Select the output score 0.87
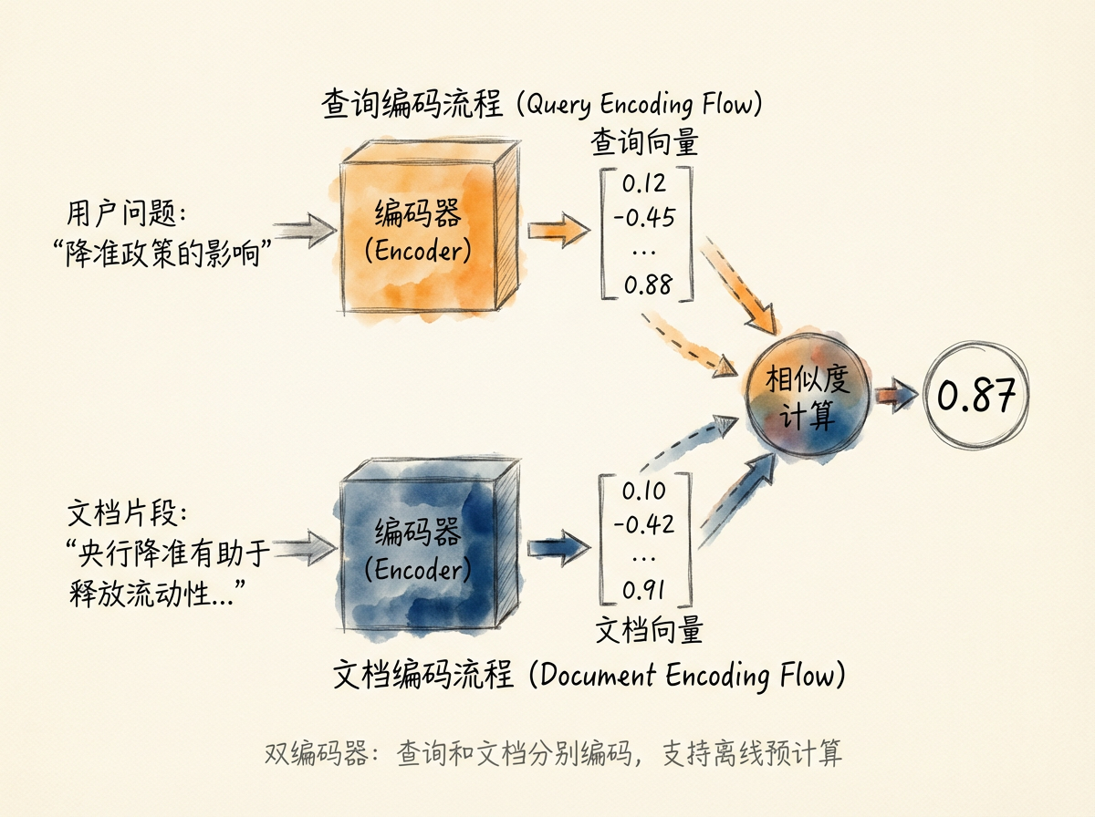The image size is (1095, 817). (975, 397)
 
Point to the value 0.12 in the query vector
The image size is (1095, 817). (644, 184)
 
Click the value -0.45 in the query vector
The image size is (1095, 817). (644, 218)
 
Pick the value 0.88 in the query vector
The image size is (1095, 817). (646, 285)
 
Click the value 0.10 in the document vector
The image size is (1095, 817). (644, 491)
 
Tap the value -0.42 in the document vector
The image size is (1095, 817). (644, 524)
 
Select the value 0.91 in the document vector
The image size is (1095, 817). (644, 590)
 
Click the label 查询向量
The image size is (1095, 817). (644, 142)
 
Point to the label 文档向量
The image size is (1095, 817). (649, 630)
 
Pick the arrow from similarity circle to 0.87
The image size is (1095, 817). (898, 396)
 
